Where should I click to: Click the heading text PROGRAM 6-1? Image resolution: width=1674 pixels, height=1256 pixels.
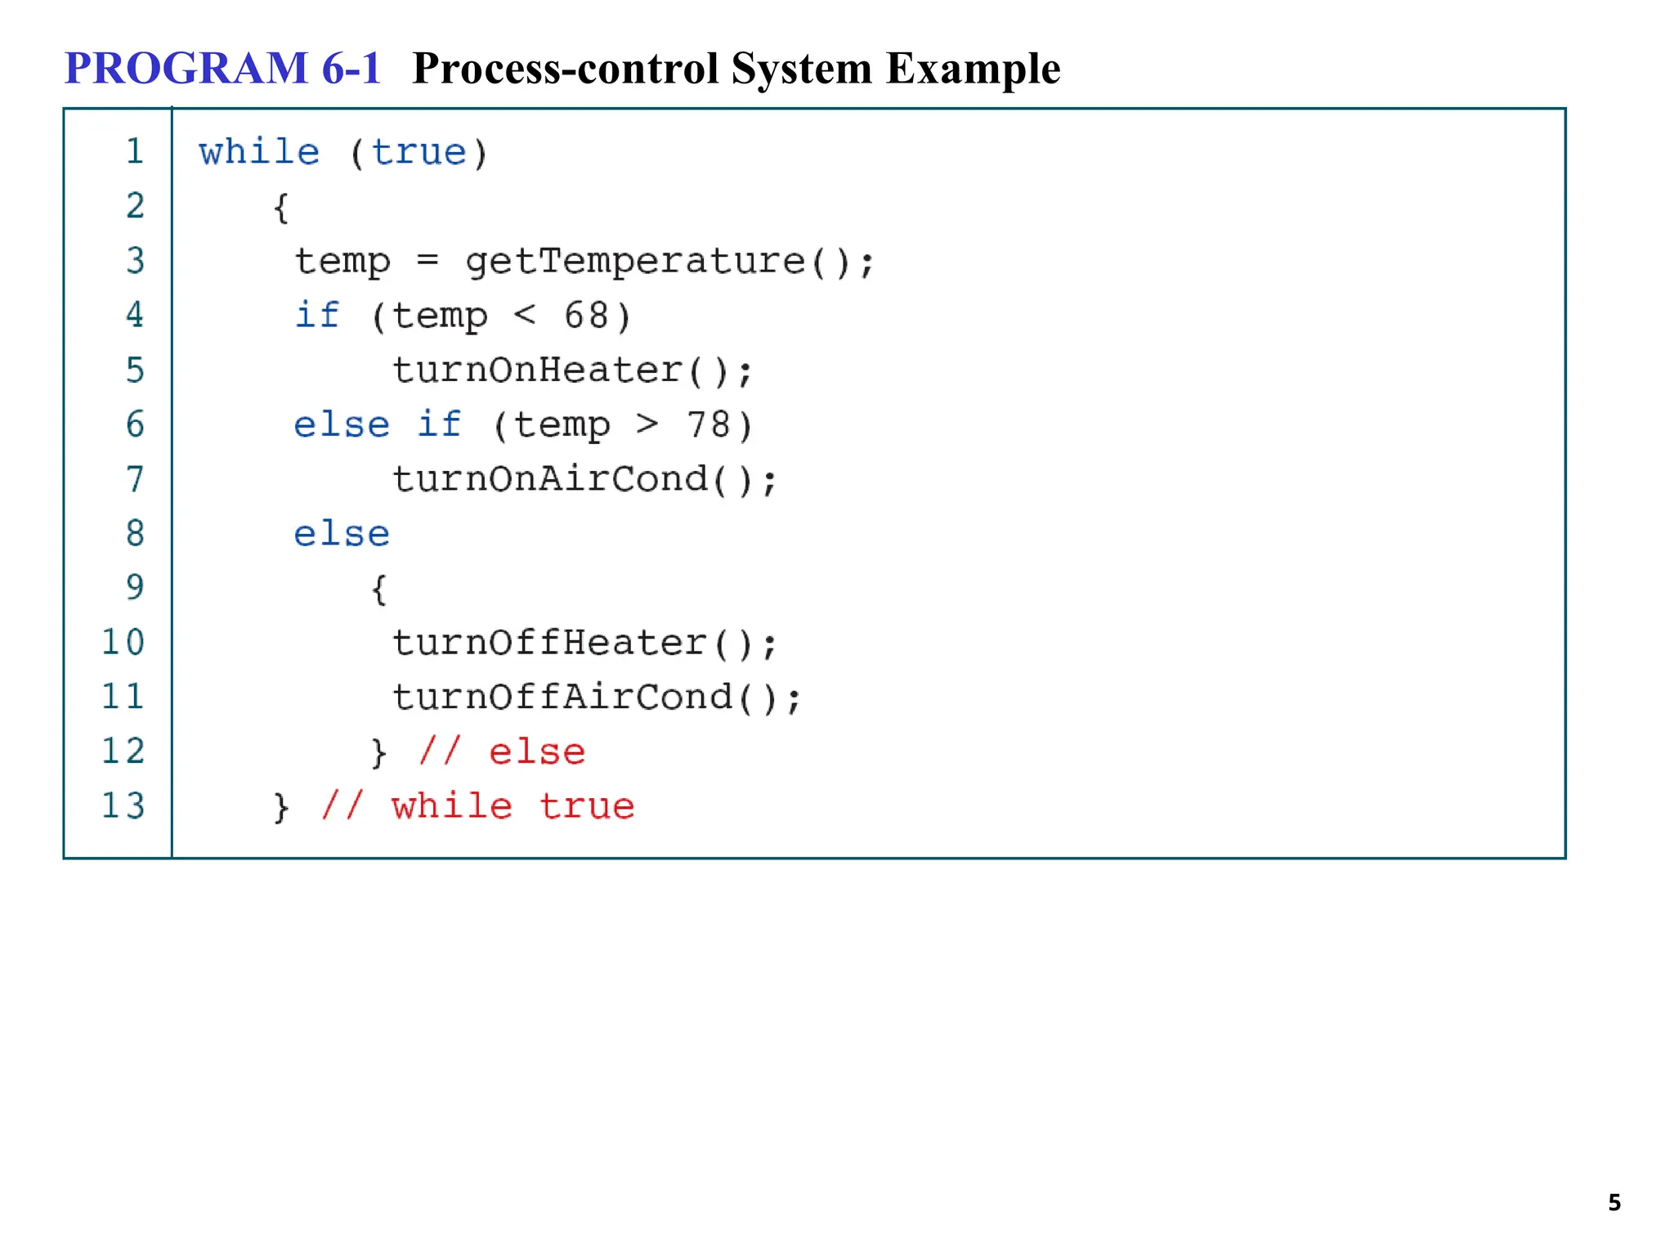click(222, 68)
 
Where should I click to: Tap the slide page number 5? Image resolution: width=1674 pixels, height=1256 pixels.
click(1614, 1203)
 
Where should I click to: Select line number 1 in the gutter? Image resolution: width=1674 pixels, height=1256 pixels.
click(135, 152)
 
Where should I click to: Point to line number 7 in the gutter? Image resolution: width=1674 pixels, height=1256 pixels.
click(135, 479)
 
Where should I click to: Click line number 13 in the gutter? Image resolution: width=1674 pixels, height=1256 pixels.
click(123, 806)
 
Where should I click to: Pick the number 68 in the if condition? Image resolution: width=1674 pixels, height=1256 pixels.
click(586, 316)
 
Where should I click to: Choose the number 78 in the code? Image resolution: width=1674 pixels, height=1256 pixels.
click(708, 425)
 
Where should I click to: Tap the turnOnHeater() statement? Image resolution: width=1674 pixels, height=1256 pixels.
click(572, 371)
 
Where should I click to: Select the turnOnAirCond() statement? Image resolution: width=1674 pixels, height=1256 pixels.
click(584, 480)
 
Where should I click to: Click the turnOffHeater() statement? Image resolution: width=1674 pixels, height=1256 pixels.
click(584, 644)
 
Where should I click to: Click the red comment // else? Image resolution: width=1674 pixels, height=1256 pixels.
click(502, 752)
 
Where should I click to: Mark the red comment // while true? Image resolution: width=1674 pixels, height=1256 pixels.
click(477, 807)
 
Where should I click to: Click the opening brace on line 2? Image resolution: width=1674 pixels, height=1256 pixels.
click(281, 208)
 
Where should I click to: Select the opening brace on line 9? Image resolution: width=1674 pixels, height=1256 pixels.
click(378, 590)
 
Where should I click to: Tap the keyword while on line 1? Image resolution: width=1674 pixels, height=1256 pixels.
click(259, 153)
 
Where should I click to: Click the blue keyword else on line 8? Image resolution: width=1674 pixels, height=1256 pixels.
click(342, 535)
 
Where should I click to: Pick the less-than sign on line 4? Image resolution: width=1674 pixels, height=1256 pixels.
click(525, 315)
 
